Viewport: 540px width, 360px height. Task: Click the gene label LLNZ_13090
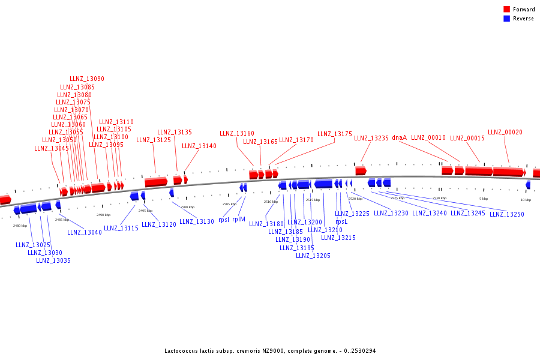[87, 79]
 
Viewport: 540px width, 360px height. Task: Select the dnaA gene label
[400, 137]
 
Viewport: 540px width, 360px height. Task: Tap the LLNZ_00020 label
[505, 132]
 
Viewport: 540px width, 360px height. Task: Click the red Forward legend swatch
[506, 10]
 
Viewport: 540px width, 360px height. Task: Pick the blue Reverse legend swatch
[506, 19]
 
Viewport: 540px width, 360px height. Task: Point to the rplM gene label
[239, 220]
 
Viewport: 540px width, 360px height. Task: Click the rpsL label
[341, 221]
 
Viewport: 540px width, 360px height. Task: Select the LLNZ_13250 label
[507, 214]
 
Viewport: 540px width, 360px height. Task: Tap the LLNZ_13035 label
[53, 260]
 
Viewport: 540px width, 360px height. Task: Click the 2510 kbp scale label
[271, 202]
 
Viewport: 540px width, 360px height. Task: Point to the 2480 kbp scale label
[20, 226]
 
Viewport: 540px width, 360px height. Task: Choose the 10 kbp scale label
[526, 199]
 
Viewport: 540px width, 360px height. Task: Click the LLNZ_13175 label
[335, 134]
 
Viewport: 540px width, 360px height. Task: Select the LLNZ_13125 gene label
[154, 140]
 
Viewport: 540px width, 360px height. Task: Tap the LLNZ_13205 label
[313, 256]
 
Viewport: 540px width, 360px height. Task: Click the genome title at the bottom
[270, 350]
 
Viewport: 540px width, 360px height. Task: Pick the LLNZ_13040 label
[85, 232]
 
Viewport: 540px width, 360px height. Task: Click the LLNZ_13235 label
[371, 138]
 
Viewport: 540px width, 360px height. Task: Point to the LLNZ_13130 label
[197, 221]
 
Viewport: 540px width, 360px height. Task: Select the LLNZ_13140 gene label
[199, 146]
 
